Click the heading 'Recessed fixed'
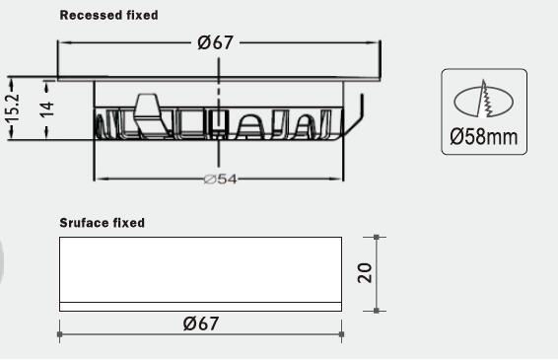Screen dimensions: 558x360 tap(108, 16)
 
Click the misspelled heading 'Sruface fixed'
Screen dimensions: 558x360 tap(103, 223)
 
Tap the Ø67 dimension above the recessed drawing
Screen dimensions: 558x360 tap(216, 42)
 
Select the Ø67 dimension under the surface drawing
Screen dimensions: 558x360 tap(201, 324)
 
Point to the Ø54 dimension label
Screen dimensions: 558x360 tap(220, 180)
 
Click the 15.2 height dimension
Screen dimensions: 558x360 tap(13, 108)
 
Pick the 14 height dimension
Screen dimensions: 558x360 tap(47, 109)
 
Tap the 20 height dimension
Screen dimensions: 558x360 tap(365, 273)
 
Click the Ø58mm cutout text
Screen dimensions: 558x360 tap(484, 137)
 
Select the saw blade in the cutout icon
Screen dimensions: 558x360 tap(485, 99)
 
